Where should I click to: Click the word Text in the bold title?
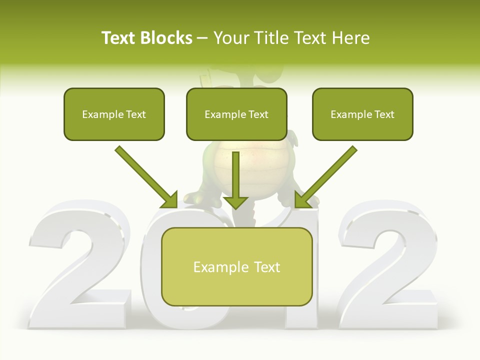118,38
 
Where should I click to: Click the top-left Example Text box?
114,114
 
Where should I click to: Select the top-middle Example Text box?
236,114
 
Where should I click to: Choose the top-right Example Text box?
362,114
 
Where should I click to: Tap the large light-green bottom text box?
236,266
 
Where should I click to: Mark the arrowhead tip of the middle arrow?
235,208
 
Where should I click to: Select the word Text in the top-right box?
384,114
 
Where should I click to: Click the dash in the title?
202,38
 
